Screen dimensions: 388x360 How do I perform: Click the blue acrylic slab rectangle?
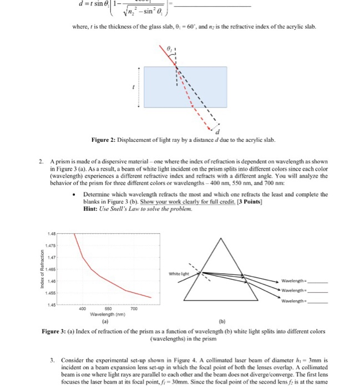point(185,83)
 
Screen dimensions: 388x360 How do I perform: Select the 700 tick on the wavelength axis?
point(133,309)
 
